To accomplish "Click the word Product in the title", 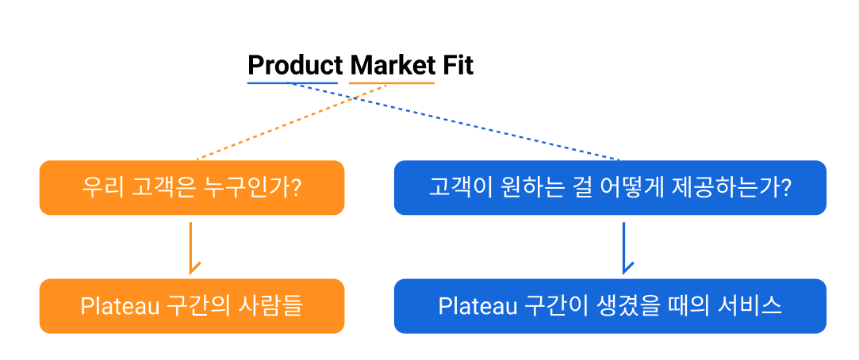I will (x=295, y=65).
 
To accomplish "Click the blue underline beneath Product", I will (x=292, y=82).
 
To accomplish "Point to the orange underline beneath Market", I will (x=392, y=82).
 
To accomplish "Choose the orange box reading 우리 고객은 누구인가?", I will (x=192, y=188).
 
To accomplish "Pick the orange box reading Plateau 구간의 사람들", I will (x=192, y=305).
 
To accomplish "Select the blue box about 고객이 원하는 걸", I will (x=610, y=188).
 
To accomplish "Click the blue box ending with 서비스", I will (x=610, y=305).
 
